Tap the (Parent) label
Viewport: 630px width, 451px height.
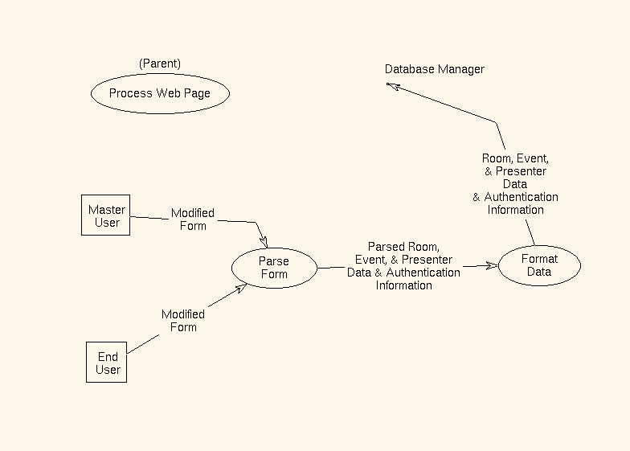[x=160, y=64]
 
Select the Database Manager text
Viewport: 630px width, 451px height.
[x=434, y=69]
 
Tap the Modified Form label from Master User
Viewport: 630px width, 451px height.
[x=193, y=219]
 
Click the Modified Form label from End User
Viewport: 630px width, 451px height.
[x=183, y=320]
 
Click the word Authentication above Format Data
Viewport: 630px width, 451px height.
[x=521, y=197]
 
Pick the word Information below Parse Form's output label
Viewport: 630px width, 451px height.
[x=403, y=285]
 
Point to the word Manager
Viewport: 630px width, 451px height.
[x=460, y=69]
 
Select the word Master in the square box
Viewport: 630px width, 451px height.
[x=107, y=210]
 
